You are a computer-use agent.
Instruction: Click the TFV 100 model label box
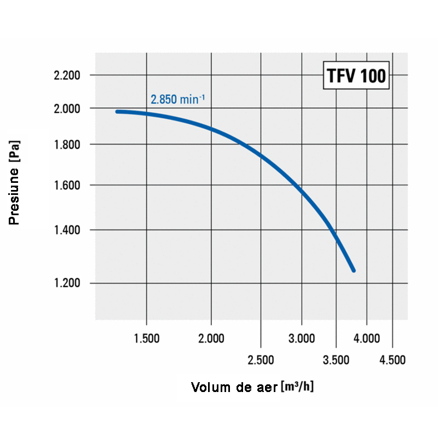356,76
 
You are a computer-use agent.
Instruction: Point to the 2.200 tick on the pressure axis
67,75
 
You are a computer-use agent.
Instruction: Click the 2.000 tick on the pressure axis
67,108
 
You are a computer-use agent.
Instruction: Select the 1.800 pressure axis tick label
67,145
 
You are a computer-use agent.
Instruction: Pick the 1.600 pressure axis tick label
67,186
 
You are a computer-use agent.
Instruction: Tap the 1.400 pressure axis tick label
67,230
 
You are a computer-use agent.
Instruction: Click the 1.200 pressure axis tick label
67,284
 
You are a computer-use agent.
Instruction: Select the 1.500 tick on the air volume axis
147,338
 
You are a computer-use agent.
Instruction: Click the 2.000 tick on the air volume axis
211,338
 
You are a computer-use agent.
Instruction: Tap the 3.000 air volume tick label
301,338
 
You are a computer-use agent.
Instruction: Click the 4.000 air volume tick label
366,338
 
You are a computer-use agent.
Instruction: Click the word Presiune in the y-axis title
15,197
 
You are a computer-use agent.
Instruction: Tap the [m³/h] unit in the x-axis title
297,387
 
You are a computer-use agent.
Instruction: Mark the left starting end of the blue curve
117,111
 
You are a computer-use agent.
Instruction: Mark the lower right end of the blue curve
353,270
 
